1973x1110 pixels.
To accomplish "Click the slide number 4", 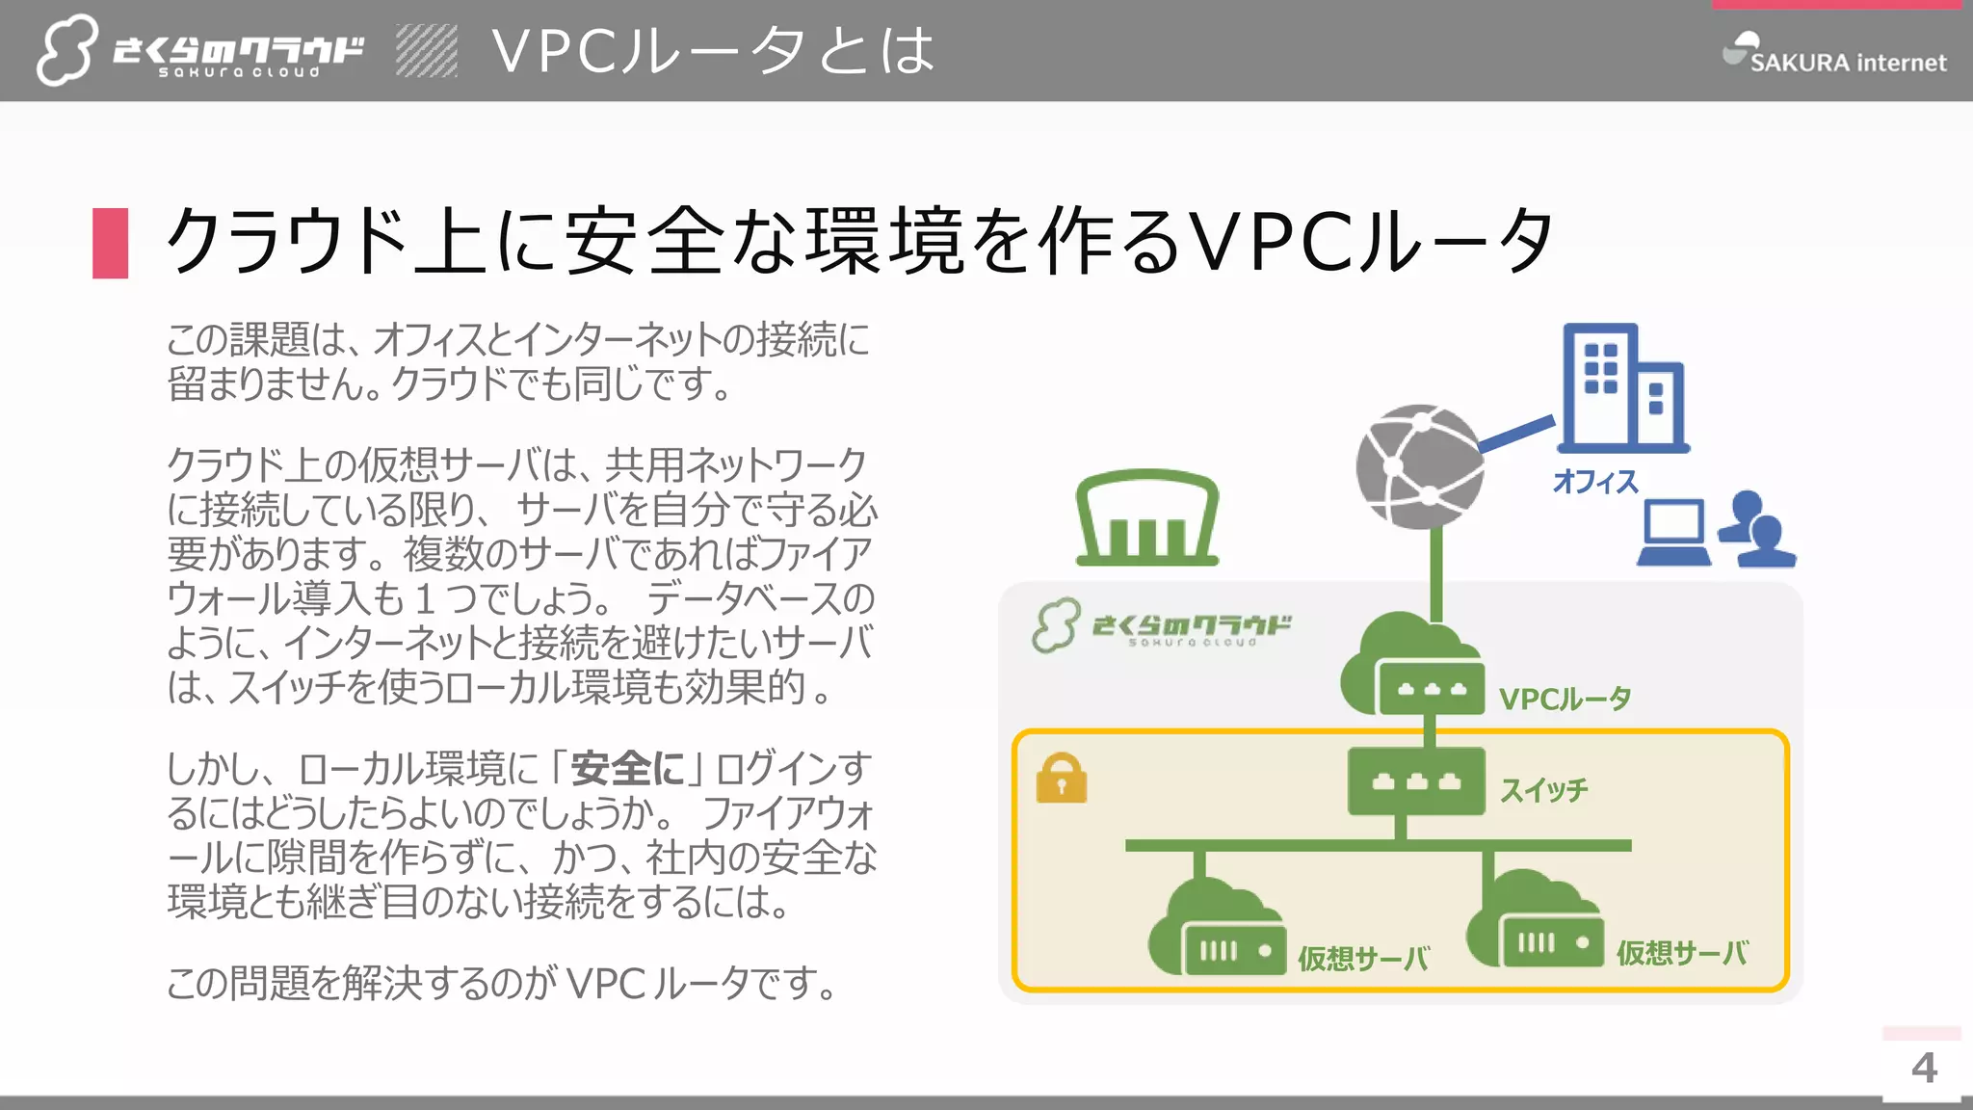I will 1924,1068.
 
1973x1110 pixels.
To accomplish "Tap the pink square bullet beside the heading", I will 111,243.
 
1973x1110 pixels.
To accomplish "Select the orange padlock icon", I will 1062,778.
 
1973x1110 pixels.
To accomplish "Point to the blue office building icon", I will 1622,387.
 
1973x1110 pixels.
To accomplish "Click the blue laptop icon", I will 1674,533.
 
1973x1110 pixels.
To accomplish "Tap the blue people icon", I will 1756,530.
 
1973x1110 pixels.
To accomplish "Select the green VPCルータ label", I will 1565,699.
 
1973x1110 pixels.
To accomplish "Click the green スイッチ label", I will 1543,790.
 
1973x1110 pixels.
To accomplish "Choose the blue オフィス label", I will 1595,481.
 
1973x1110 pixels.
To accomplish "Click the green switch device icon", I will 1415,781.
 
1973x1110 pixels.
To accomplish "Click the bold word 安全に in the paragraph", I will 627,769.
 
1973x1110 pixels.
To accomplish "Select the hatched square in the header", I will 427,51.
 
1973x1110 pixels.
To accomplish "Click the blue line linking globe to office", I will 1516,435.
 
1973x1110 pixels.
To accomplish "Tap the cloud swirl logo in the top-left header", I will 66,50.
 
